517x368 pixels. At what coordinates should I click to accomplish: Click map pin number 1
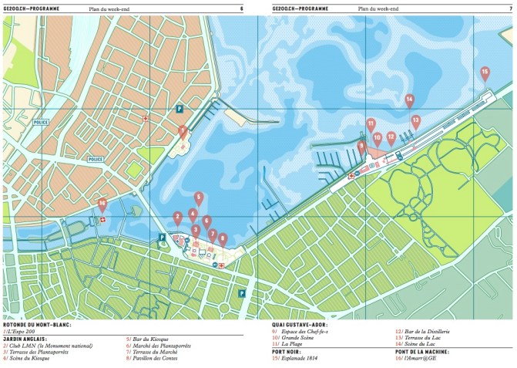click(x=182, y=131)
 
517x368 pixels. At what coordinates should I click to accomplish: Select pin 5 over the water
click(x=199, y=198)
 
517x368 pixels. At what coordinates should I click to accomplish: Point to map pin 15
click(x=485, y=73)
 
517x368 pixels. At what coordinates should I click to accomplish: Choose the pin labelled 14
click(x=409, y=100)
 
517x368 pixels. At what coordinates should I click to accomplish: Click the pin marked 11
click(x=371, y=123)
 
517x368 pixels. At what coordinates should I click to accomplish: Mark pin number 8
click(x=223, y=238)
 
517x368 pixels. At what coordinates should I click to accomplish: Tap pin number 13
click(x=415, y=120)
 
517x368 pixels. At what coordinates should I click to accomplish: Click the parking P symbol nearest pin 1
click(x=180, y=110)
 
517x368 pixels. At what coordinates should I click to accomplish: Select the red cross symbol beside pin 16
click(x=99, y=220)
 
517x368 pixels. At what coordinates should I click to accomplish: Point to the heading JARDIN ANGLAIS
click(x=25, y=339)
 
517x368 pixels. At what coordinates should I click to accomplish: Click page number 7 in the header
click(x=510, y=8)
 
